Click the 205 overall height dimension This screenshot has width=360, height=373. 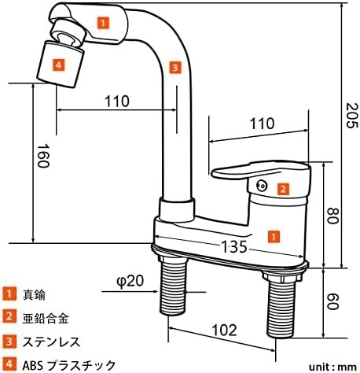[x=352, y=116]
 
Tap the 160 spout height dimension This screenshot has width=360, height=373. [x=42, y=156]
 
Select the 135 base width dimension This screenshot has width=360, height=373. [x=234, y=246]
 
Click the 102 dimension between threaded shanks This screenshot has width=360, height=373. [x=224, y=330]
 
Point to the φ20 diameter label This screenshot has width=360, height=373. [x=130, y=281]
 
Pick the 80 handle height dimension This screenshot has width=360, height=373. [x=333, y=216]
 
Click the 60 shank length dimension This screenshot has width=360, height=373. [x=333, y=301]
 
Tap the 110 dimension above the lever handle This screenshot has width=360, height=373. [x=262, y=124]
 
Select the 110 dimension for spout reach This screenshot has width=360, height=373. [x=117, y=101]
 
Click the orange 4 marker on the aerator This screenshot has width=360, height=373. [x=58, y=65]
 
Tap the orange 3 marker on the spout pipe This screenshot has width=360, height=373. [x=174, y=68]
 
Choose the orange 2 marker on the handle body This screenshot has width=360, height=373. [x=283, y=189]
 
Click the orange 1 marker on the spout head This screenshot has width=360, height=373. [x=103, y=23]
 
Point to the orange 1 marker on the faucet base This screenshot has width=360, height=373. [x=274, y=236]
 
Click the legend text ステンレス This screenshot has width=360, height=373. [x=51, y=342]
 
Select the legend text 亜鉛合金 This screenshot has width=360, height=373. [x=46, y=319]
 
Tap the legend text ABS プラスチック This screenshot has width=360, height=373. [x=69, y=365]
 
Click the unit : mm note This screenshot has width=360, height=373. [x=332, y=367]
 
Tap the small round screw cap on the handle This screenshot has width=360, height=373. [x=261, y=186]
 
